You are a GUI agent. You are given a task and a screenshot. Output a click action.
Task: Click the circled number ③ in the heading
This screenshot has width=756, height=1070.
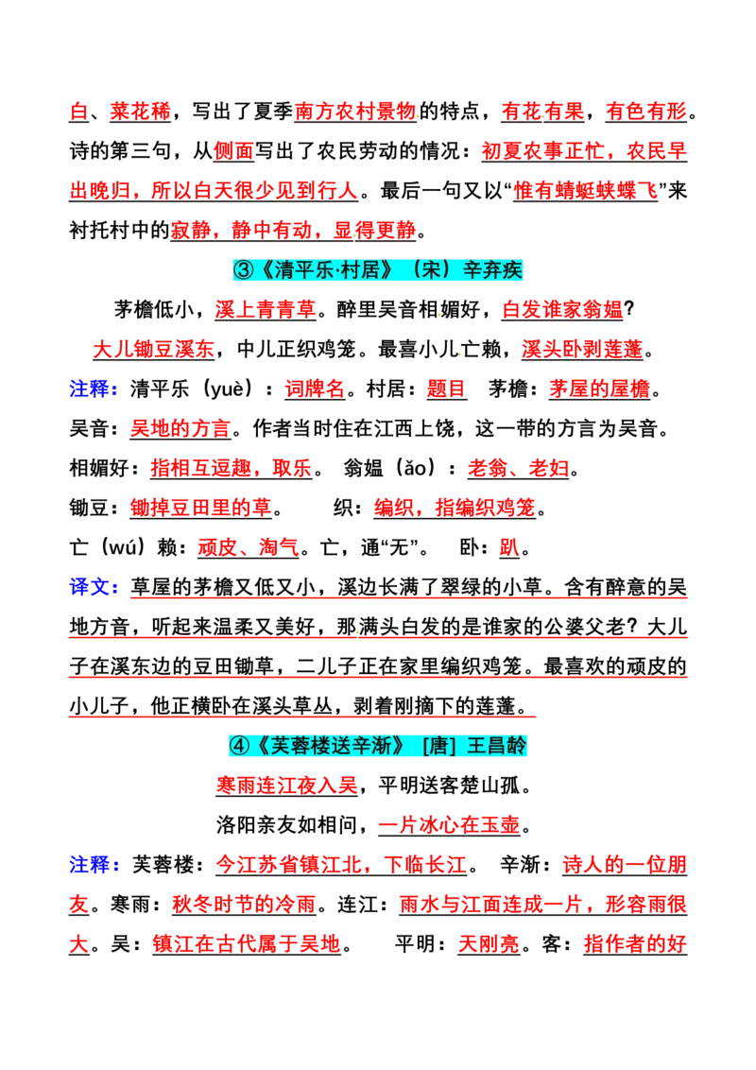pos(243,270)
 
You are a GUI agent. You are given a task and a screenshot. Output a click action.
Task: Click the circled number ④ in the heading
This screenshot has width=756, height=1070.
pos(239,746)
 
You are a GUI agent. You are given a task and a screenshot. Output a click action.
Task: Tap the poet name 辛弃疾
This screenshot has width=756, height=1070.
pos(492,270)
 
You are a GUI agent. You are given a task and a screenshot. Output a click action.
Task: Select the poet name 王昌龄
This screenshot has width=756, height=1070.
pos(497,746)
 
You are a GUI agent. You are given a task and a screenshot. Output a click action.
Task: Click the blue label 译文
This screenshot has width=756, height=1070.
pos(90,588)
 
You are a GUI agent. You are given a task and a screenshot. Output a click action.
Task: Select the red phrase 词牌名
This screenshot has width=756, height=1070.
pos(316,389)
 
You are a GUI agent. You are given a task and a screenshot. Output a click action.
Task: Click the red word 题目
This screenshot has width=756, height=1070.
pos(446,389)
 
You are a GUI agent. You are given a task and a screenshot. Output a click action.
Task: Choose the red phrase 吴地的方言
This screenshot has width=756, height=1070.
pos(180,429)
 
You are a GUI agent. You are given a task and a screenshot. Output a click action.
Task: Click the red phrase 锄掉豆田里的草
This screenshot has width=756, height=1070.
pos(200,509)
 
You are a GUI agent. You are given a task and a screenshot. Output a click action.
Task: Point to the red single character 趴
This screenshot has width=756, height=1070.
pos(509,548)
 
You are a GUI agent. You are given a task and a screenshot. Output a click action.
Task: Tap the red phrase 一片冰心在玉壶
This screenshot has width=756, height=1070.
pos(450,826)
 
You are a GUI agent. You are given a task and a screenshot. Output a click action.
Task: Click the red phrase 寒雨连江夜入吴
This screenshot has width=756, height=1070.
pos(287,786)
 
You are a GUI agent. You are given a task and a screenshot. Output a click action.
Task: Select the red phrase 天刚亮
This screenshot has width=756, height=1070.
pos(489,944)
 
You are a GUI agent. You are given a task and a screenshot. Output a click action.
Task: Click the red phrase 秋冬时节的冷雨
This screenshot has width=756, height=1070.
pos(244,905)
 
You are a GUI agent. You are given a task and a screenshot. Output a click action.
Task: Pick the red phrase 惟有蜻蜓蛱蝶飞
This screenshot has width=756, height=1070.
pos(585,191)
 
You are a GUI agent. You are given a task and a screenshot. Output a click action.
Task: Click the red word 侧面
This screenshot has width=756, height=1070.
pos(233,151)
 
